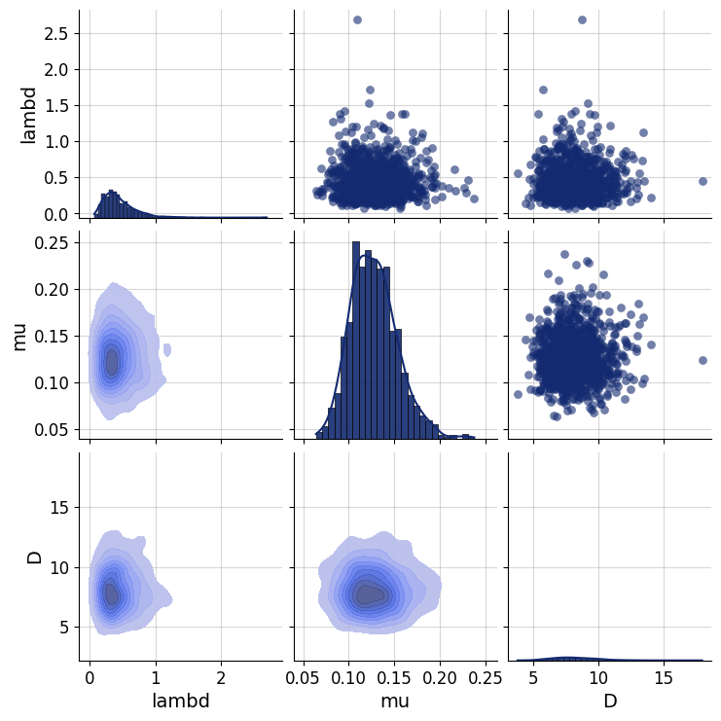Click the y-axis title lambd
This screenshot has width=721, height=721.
coord(28,116)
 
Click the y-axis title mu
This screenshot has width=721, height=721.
coord(19,336)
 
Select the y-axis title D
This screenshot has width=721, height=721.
coord(34,558)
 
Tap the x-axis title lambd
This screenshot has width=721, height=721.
coord(180,701)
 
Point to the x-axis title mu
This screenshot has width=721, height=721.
coord(396,701)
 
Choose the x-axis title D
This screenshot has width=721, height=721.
coord(609,701)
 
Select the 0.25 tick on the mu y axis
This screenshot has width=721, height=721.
coord(55,242)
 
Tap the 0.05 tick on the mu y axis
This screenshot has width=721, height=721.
coord(55,429)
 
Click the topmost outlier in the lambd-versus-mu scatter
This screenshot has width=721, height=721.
coord(357,19)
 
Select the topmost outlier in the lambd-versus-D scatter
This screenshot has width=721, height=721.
coord(582,19)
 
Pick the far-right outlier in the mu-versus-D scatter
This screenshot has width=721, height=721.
coord(703,360)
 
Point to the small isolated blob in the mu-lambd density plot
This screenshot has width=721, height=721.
coord(167,348)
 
